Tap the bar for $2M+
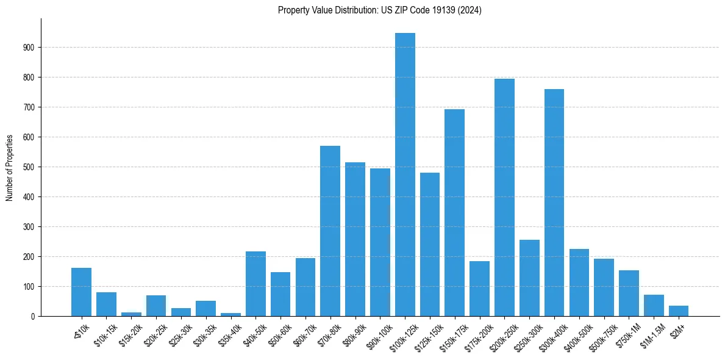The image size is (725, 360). pos(679,311)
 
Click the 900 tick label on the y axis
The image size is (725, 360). pos(29,48)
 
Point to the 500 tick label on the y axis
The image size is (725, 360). pos(29,167)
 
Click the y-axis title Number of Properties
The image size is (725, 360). pos(9,167)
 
